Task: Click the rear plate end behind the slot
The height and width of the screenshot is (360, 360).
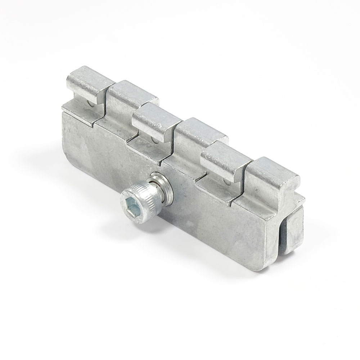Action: click(x=293, y=230)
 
